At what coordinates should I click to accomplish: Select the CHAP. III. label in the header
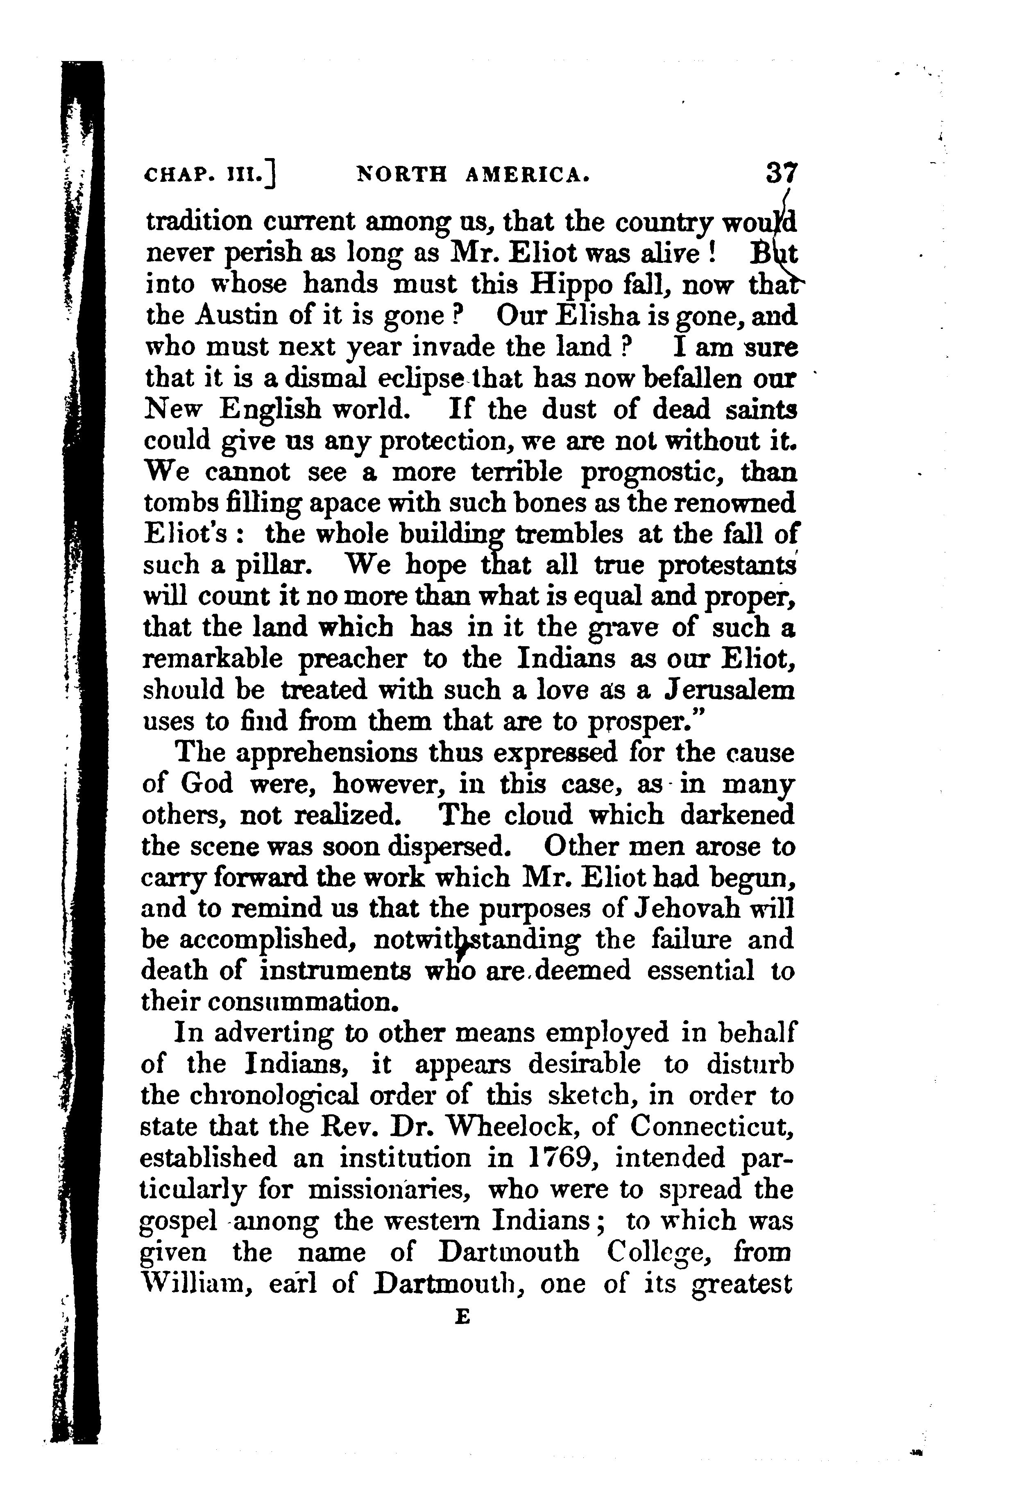[x=210, y=175]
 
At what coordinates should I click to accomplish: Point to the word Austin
[x=237, y=317]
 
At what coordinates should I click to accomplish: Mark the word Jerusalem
[x=730, y=690]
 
